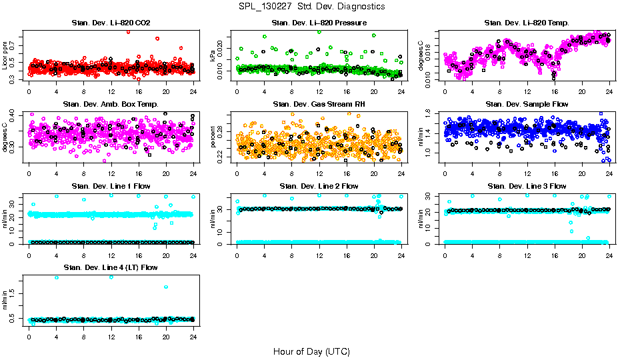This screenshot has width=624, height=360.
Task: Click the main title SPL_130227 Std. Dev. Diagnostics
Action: point(311,7)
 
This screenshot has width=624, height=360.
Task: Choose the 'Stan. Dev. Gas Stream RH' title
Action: point(319,105)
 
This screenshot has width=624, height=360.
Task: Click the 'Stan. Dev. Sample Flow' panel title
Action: point(527,105)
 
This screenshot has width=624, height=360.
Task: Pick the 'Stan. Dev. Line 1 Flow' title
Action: point(111,186)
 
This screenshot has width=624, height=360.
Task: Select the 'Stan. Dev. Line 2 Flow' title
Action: point(319,186)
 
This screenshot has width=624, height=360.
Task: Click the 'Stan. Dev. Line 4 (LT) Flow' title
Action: point(111,268)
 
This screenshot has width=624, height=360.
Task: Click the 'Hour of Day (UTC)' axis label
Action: point(311,351)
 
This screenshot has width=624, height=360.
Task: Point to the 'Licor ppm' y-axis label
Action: point(5,56)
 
